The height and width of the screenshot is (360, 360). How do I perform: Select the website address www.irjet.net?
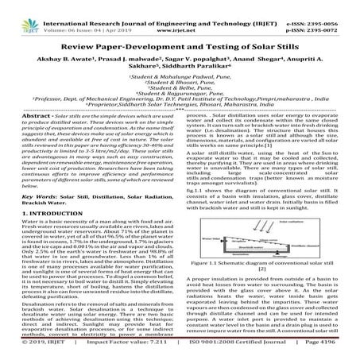180,14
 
